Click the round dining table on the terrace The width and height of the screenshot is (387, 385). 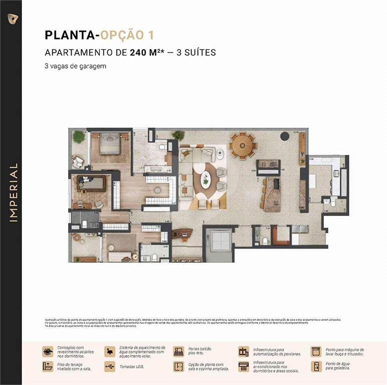pyautogui.click(x=242, y=145)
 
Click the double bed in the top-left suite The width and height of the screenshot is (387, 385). pyautogui.click(x=109, y=145)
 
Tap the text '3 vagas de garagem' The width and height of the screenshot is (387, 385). pyautogui.click(x=75, y=66)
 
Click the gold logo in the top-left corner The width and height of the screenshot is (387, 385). pyautogui.click(x=11, y=18)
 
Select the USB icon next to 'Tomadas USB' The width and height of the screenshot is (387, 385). pyautogui.click(x=110, y=366)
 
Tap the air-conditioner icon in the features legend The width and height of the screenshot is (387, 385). pyautogui.click(x=244, y=366)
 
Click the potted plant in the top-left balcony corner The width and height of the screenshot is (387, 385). pyautogui.click(x=79, y=136)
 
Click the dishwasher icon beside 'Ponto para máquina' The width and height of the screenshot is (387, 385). pyautogui.click(x=316, y=351)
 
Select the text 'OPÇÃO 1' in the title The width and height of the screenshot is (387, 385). pyautogui.click(x=127, y=35)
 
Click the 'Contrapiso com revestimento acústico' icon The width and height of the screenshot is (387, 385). pyautogui.click(x=48, y=351)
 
